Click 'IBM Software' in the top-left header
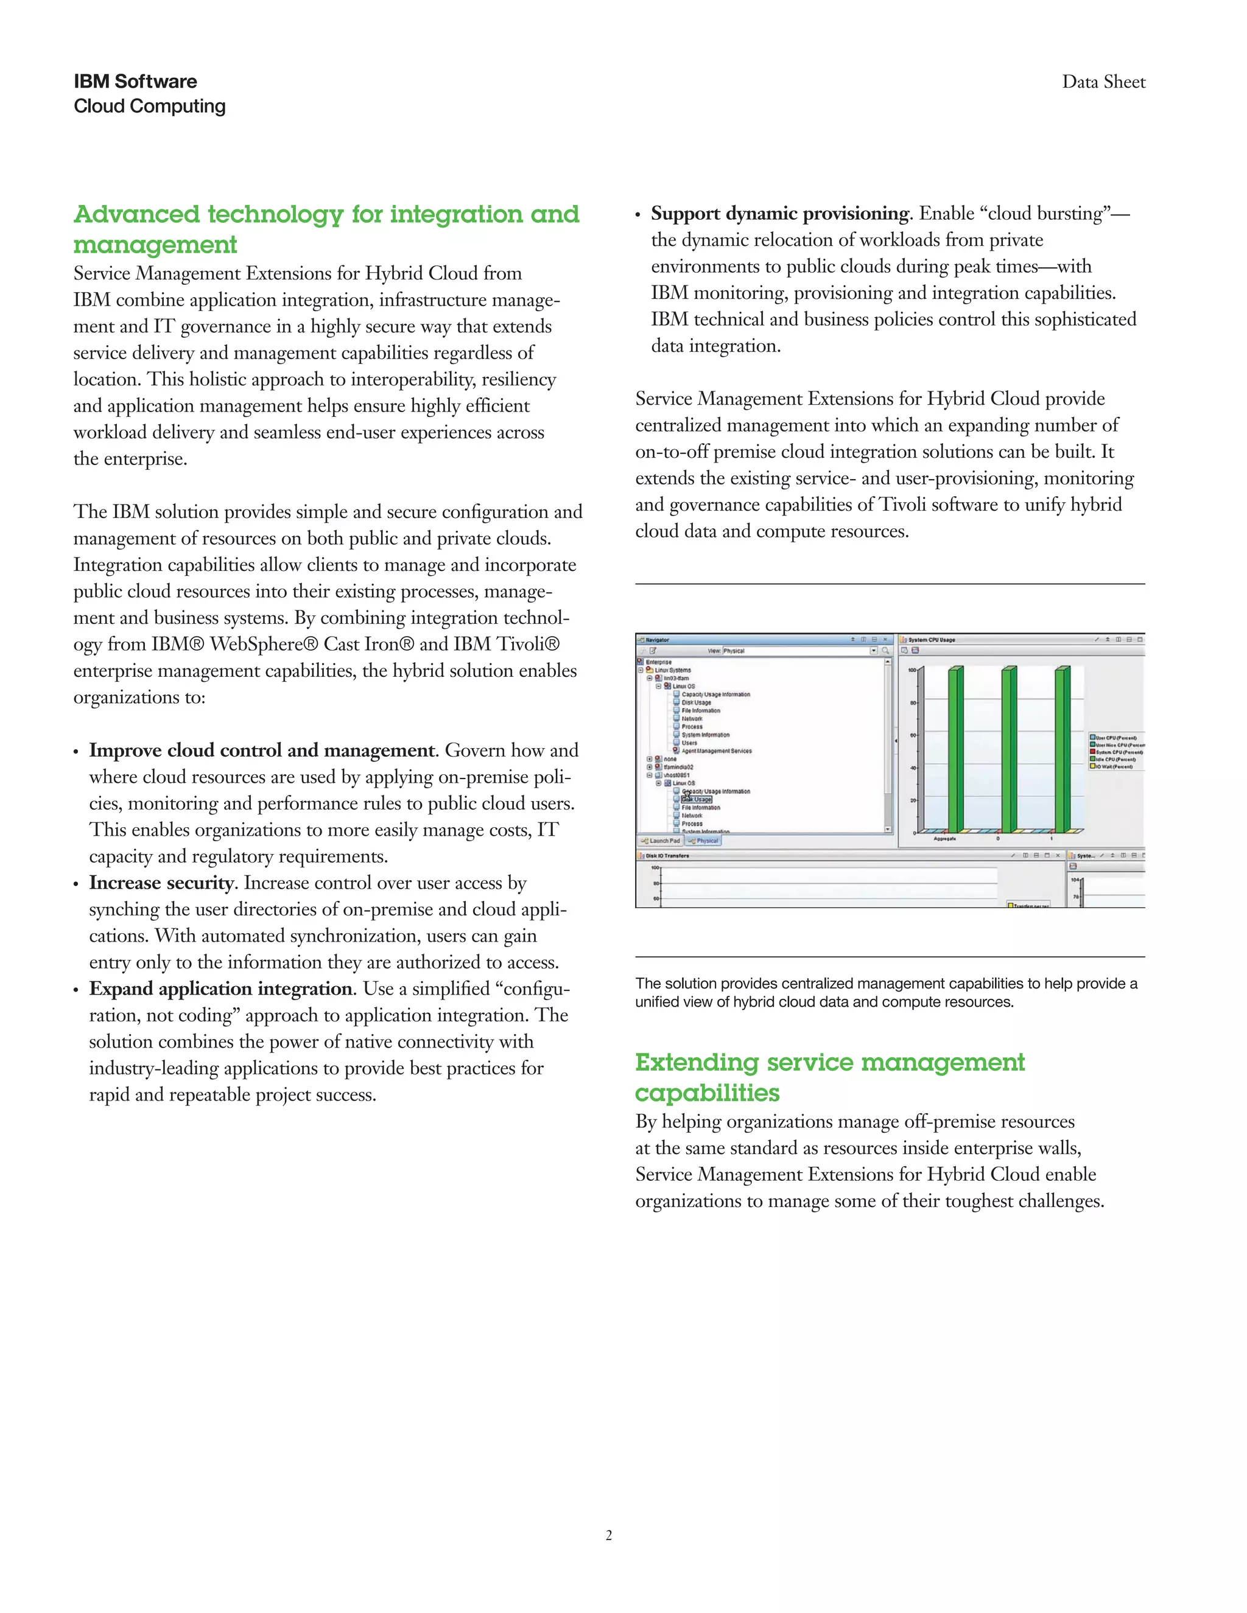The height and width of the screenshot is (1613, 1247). pos(135,81)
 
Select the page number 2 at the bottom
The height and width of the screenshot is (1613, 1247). pos(609,1536)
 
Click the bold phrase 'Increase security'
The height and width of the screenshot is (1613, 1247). pos(161,883)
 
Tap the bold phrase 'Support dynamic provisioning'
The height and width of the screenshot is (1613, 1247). pos(779,214)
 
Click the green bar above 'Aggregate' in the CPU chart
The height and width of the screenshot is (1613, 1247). pos(955,750)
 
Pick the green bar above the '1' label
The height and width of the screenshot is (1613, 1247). pos(1061,750)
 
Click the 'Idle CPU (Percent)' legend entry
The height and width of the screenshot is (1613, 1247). pos(1115,759)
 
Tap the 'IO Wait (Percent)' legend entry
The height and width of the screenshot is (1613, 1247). pos(1115,766)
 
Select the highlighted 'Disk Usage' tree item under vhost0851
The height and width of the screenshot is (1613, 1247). pos(697,799)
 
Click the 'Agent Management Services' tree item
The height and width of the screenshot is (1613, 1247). pos(716,751)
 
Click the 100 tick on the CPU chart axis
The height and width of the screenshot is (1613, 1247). pos(912,670)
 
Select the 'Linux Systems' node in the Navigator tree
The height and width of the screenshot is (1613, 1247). pos(672,670)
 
